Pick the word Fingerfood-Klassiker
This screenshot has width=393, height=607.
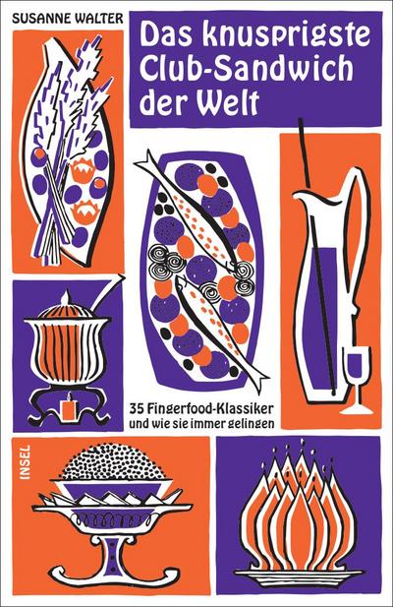[x=209, y=408]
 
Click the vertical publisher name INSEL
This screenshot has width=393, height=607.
[x=27, y=462]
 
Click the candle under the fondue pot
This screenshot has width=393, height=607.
[x=69, y=407]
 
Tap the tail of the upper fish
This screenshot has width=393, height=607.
[x=145, y=161]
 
